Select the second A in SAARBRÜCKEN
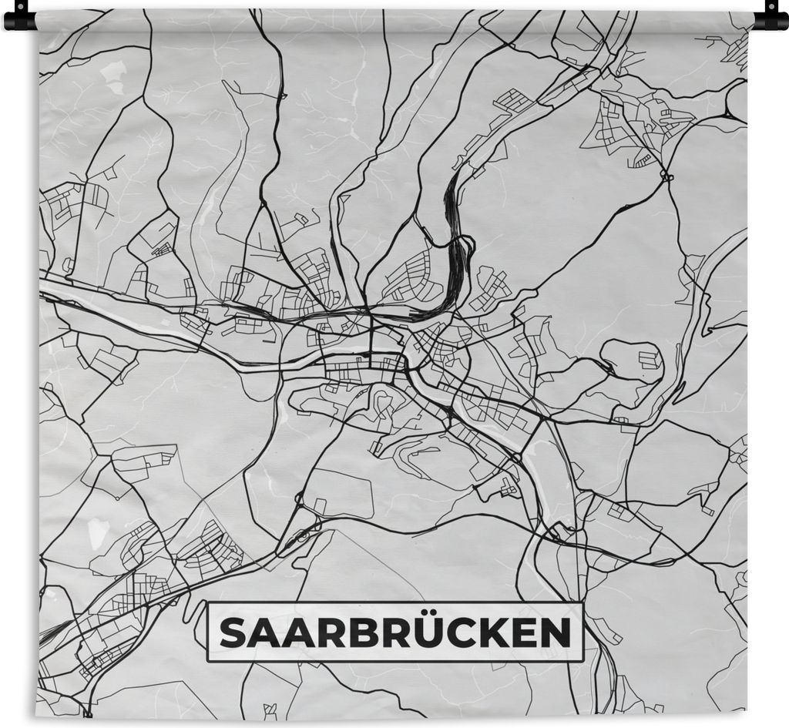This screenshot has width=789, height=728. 300,633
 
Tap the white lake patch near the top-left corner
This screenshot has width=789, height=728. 113,74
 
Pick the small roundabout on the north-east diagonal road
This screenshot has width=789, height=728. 667,177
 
